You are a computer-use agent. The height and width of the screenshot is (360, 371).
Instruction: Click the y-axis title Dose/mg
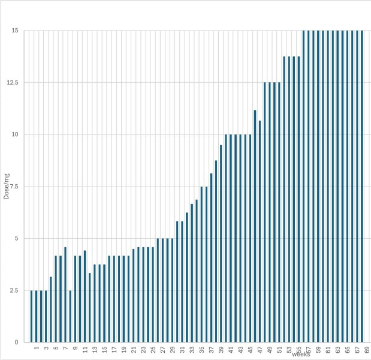pos(6,187)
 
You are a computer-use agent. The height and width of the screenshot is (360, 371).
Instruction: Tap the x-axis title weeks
pos(301,355)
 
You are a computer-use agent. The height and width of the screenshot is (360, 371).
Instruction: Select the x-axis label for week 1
pos(37,348)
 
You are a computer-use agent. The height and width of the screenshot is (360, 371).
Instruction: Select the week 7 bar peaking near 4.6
pos(65,294)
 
